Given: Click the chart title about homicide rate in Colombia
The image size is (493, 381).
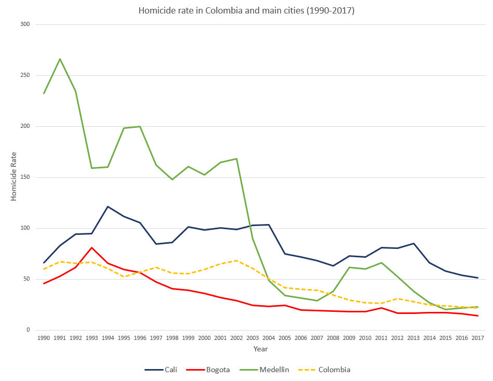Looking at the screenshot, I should [x=246, y=10].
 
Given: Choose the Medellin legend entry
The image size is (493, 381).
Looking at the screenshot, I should [x=267, y=370].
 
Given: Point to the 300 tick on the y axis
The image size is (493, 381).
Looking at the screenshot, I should [x=25, y=24].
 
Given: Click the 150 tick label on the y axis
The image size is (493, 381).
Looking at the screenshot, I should [x=25, y=177].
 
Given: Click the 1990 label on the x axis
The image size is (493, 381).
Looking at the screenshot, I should [x=44, y=338].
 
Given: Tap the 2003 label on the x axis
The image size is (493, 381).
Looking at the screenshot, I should [x=252, y=338].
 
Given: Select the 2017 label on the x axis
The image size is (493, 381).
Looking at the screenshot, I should [x=477, y=338].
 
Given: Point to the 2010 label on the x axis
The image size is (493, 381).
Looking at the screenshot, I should [x=365, y=338].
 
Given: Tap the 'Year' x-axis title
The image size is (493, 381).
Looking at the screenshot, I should [x=260, y=349].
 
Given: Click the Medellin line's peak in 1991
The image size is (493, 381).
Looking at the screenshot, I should [x=60, y=59].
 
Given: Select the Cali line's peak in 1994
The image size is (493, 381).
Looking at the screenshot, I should [x=108, y=206].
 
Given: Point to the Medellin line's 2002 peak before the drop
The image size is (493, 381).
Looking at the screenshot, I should [x=236, y=159].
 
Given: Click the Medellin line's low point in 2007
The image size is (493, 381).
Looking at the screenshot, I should [x=317, y=300].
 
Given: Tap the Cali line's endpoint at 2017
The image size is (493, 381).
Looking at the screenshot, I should [x=477, y=278].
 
